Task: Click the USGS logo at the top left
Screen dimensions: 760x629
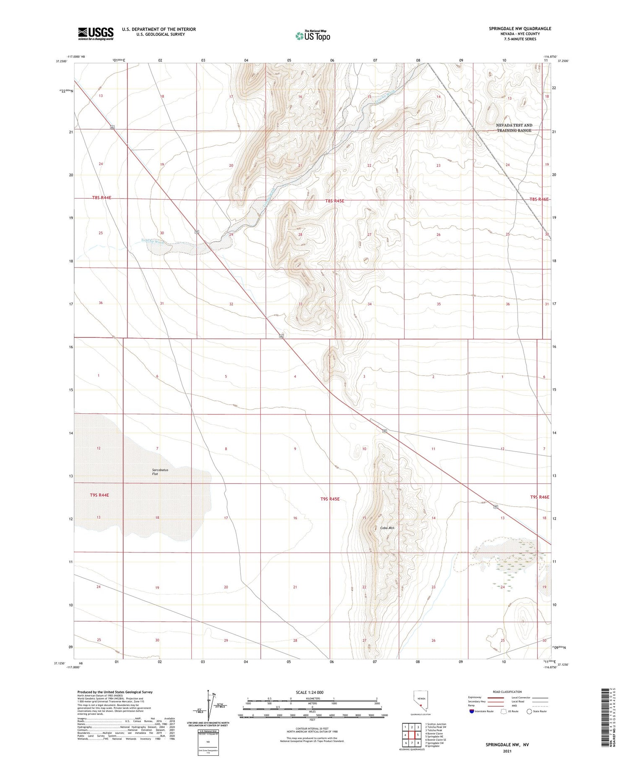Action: point(96,34)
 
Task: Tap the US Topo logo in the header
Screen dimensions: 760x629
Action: point(312,36)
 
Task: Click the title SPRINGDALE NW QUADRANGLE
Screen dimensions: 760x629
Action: point(520,29)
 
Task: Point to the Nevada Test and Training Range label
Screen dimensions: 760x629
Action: point(514,128)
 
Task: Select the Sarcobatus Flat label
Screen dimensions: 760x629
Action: point(160,472)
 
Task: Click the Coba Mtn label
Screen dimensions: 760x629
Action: point(387,528)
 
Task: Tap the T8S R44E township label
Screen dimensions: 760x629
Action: point(101,197)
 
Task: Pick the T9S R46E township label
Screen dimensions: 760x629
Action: point(539,497)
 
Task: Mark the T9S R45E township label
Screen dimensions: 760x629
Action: point(330,499)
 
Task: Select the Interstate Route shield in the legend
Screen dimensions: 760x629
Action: point(472,711)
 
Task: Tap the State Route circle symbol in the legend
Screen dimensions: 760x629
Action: point(529,711)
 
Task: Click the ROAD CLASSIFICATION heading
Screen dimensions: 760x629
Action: point(507,692)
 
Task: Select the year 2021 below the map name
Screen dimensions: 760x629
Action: point(507,752)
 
